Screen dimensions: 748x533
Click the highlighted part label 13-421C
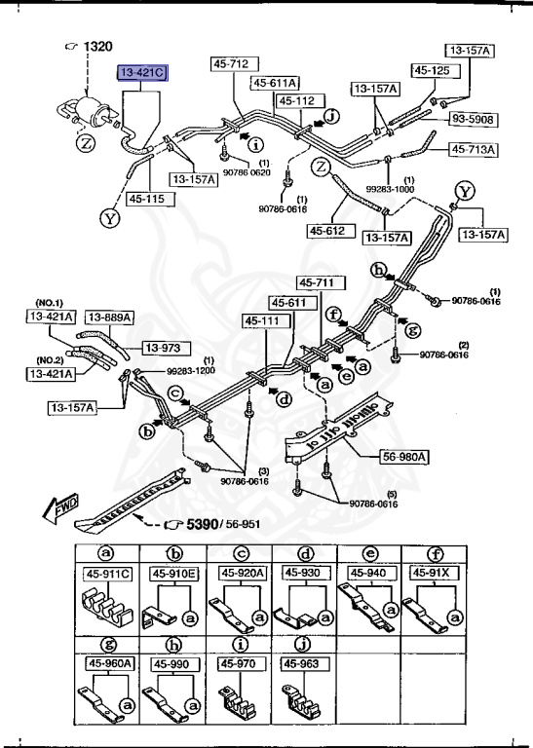(142, 72)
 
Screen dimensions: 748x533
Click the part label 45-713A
(473, 149)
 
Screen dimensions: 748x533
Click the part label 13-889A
(108, 317)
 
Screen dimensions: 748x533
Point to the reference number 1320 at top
(99, 47)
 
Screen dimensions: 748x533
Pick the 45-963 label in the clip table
(302, 663)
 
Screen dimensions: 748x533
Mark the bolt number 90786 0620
(247, 171)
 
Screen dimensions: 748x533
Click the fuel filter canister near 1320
(90, 106)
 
